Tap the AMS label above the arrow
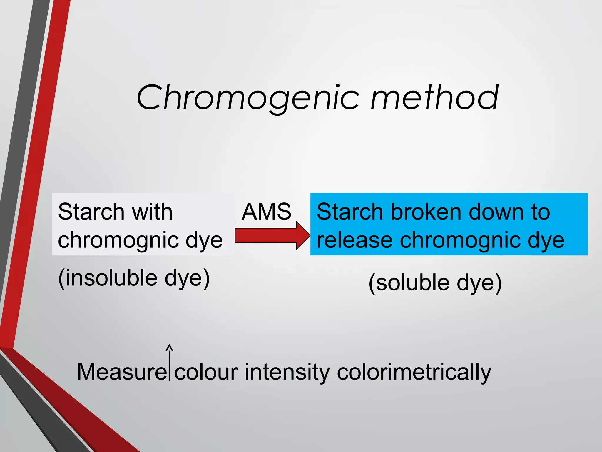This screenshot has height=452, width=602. (x=266, y=212)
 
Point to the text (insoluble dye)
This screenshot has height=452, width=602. (x=134, y=278)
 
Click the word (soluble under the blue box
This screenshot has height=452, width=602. (x=409, y=283)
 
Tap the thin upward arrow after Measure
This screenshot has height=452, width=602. (x=169, y=362)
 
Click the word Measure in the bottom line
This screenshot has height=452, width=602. (x=121, y=372)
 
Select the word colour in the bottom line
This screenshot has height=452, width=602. (x=206, y=372)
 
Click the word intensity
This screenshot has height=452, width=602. (x=287, y=372)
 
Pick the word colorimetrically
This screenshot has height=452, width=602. (x=414, y=373)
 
